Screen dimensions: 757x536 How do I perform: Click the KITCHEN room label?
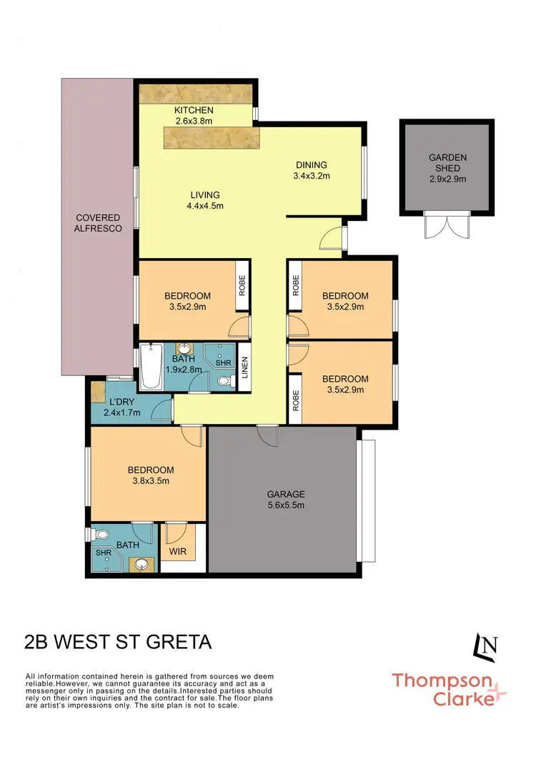click(x=194, y=111)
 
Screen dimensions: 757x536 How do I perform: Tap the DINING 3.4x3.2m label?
click(x=311, y=169)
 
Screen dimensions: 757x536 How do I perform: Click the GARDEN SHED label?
click(x=447, y=162)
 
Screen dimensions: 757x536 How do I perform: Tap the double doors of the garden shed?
click(x=446, y=226)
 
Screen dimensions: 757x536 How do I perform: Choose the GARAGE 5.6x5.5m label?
click(x=286, y=499)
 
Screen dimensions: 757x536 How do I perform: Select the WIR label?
click(x=177, y=553)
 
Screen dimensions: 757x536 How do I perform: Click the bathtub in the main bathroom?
click(x=151, y=367)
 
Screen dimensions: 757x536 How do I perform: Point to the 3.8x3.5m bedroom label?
click(x=151, y=475)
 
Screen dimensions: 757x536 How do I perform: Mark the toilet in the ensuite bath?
click(x=101, y=535)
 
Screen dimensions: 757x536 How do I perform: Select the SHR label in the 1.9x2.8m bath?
click(x=222, y=362)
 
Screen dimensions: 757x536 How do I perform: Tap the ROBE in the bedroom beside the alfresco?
click(x=242, y=287)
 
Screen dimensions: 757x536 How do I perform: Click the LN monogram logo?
click(x=486, y=645)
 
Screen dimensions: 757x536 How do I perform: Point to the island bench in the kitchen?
click(x=212, y=136)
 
